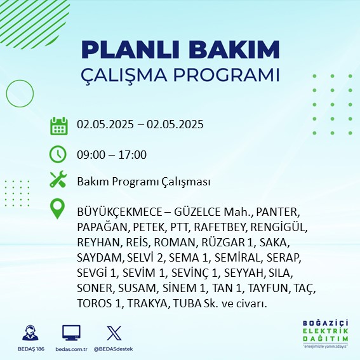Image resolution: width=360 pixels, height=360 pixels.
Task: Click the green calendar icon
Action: pyautogui.click(x=59, y=126)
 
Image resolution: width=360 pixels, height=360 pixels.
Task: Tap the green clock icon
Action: pyautogui.click(x=58, y=154)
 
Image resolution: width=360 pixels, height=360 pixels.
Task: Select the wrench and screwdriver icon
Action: pyautogui.click(x=58, y=179)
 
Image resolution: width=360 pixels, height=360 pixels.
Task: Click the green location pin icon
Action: pyautogui.click(x=57, y=208)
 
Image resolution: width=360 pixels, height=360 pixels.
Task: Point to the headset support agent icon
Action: pyautogui.click(x=30, y=333)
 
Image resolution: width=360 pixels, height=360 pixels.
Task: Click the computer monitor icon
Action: pyautogui.click(x=71, y=333)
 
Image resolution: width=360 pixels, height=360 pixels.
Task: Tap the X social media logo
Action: pyautogui.click(x=114, y=333)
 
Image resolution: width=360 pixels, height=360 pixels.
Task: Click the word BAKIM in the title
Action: pyautogui.click(x=234, y=50)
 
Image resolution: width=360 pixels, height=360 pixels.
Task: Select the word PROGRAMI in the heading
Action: pyautogui.click(x=226, y=75)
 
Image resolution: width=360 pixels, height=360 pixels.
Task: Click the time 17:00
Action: pyautogui.click(x=133, y=155)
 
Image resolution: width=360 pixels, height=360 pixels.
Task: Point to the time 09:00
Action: pyautogui.click(x=91, y=155)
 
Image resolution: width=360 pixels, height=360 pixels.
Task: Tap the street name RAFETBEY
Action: pyautogui.click(x=220, y=227)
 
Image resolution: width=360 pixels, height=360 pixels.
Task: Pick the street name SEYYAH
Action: pyautogui.click(x=243, y=273)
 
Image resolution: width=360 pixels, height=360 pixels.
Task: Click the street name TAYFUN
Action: pyautogui.click(x=268, y=288)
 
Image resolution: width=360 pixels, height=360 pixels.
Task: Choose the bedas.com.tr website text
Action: pyautogui.click(x=71, y=349)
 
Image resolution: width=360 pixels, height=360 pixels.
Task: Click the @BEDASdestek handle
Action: pyautogui.click(x=114, y=349)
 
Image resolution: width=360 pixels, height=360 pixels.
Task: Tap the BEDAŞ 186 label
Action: pyautogui.click(x=30, y=349)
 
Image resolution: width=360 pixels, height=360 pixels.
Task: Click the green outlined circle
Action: pyautogui.click(x=6, y=93)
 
